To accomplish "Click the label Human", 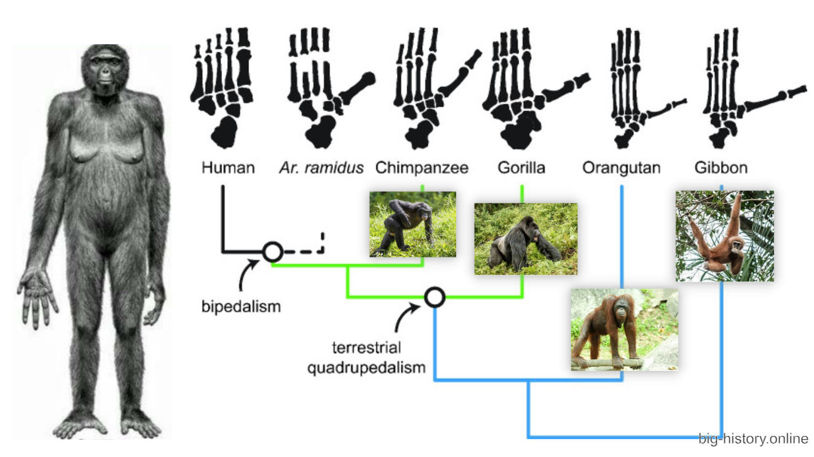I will pos(228,167).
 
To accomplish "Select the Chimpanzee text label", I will pos(422,167).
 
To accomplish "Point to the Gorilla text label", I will pos(522,167).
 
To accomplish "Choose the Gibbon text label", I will pos(721,167).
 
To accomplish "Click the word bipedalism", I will pos(241,305).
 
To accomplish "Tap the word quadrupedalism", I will pos(366,368).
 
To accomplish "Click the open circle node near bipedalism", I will pos(272,251).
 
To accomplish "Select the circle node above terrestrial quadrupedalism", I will pos(435,297).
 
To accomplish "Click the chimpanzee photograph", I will pos(413,224).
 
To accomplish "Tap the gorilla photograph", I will pos(526,239).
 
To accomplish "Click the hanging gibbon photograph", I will pos(724,236).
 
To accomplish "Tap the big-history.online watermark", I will pos(753,439).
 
